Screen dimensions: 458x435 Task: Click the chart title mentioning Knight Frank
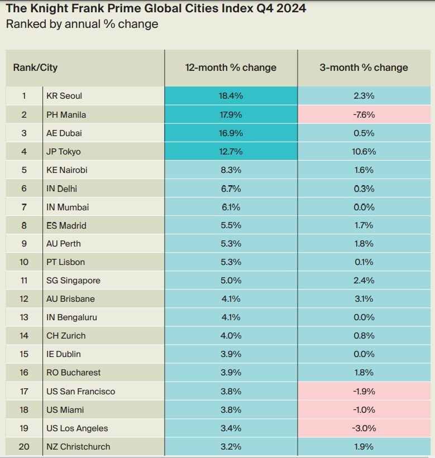156,8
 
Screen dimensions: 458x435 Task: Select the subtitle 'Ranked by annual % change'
82,24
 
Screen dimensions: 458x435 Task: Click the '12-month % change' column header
231,68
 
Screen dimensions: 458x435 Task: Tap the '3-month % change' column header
364,68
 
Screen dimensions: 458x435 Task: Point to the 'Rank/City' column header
35,68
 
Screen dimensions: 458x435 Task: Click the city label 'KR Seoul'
64,96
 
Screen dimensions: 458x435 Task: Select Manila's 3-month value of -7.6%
364,114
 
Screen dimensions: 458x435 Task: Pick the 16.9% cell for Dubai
231,133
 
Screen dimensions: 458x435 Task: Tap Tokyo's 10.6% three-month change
364,152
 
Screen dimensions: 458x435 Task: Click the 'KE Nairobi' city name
66,170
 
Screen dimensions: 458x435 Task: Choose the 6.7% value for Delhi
231,189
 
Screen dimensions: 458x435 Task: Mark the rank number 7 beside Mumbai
24,207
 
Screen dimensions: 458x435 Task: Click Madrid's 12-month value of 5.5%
231,225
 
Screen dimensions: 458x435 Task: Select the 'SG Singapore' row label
73,281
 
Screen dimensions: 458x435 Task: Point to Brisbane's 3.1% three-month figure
364,299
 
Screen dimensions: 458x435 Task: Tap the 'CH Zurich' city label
66,336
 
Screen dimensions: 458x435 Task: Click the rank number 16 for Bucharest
24,373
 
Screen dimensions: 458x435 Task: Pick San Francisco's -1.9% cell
364,391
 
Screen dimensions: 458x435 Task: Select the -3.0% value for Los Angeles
364,428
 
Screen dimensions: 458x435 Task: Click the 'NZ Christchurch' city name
78,446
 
